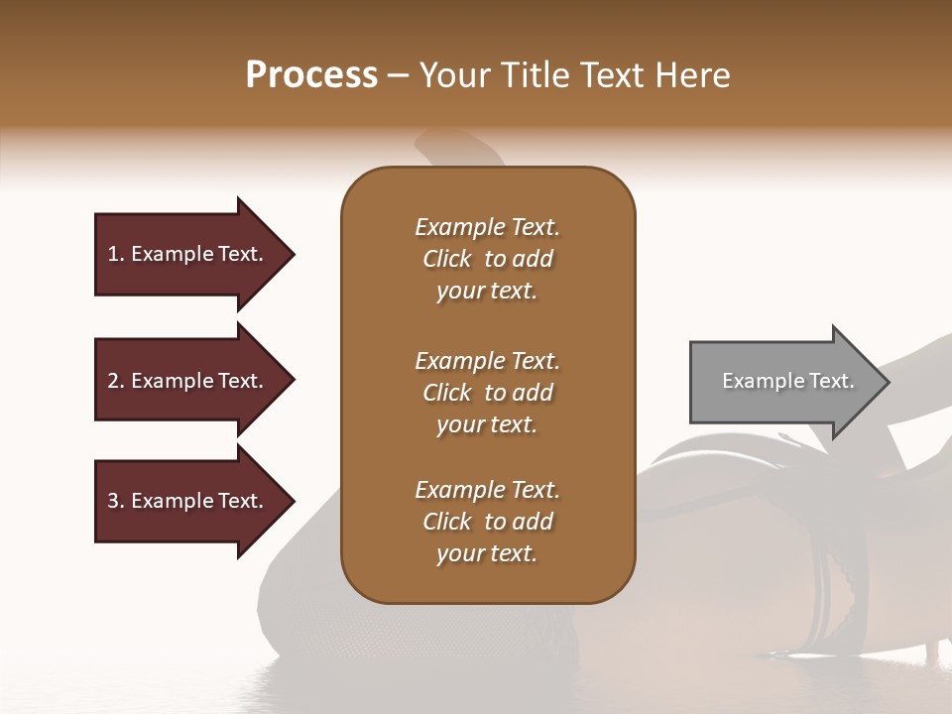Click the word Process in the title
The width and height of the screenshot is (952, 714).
[311, 75]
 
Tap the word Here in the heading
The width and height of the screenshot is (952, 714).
[692, 75]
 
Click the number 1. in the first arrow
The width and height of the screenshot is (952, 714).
[116, 254]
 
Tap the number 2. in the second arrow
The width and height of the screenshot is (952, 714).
[116, 381]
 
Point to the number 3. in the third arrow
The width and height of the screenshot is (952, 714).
[116, 501]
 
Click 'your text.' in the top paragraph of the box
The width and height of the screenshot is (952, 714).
[487, 292]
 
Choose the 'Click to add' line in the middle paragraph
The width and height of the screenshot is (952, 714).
[487, 393]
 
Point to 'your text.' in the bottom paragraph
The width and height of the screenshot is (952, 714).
[487, 554]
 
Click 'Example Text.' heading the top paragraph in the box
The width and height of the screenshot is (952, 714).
[487, 227]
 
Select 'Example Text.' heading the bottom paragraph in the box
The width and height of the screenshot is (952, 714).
[487, 490]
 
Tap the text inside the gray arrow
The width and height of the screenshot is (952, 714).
[788, 381]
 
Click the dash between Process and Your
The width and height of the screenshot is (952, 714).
[399, 76]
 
